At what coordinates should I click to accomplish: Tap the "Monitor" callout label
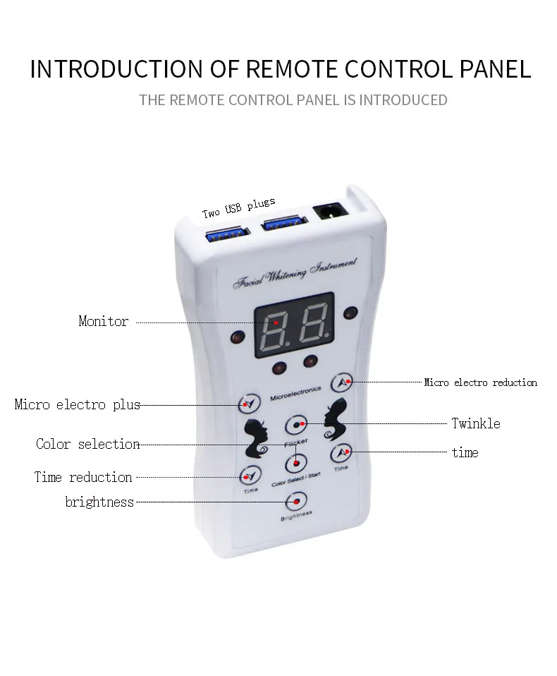click(x=104, y=322)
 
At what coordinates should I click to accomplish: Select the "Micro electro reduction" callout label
click(x=480, y=382)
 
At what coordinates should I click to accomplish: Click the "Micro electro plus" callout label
click(x=77, y=405)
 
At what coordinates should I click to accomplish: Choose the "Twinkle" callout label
click(x=475, y=423)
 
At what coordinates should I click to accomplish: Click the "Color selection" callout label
click(x=88, y=445)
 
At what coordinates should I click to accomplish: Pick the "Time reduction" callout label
click(x=83, y=478)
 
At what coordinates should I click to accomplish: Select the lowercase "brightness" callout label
click(x=99, y=502)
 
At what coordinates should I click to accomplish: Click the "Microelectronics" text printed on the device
click(x=295, y=389)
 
